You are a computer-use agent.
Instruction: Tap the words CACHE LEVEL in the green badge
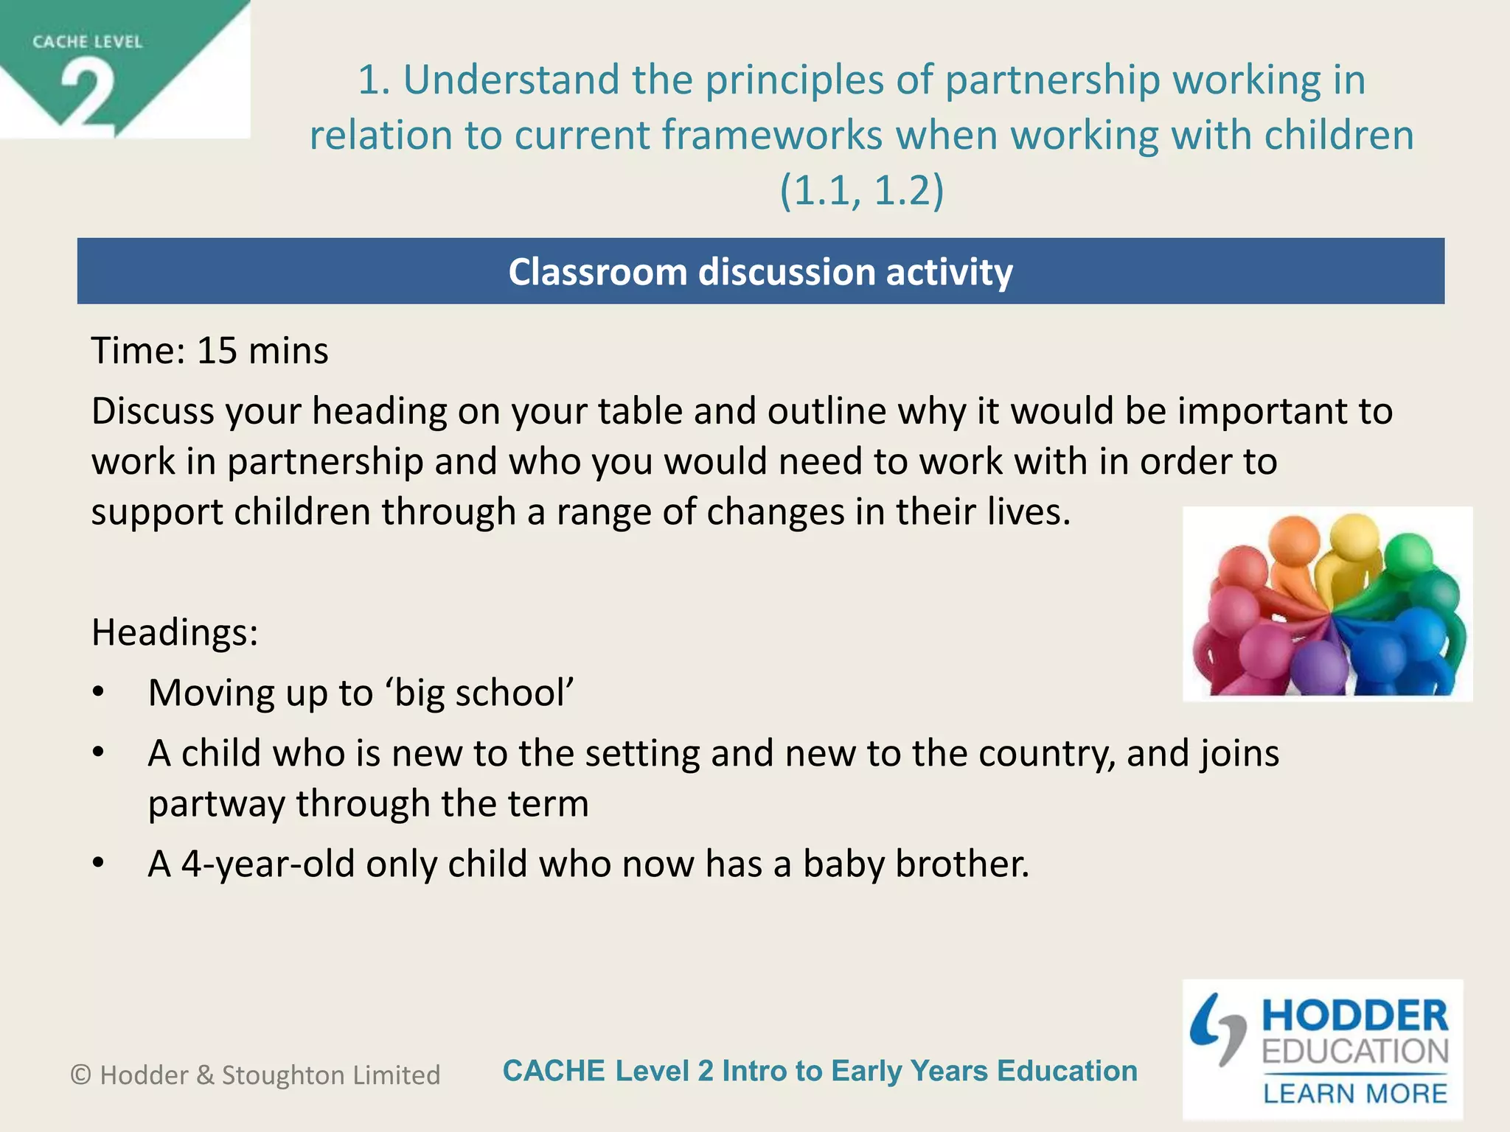tap(87, 42)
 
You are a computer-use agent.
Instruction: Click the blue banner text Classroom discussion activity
tap(760, 272)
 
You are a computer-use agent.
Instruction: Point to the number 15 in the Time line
tap(217, 351)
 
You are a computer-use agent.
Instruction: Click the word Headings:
tap(175, 632)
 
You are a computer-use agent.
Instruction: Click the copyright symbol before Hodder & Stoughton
tap(80, 1075)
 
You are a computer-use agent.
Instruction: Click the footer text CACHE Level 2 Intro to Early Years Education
tap(820, 1071)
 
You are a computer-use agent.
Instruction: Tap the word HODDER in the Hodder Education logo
tap(1355, 1016)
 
